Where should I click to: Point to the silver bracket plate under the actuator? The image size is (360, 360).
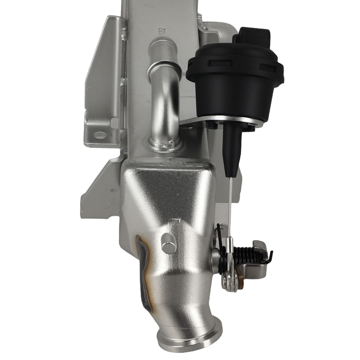coord(194,121)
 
